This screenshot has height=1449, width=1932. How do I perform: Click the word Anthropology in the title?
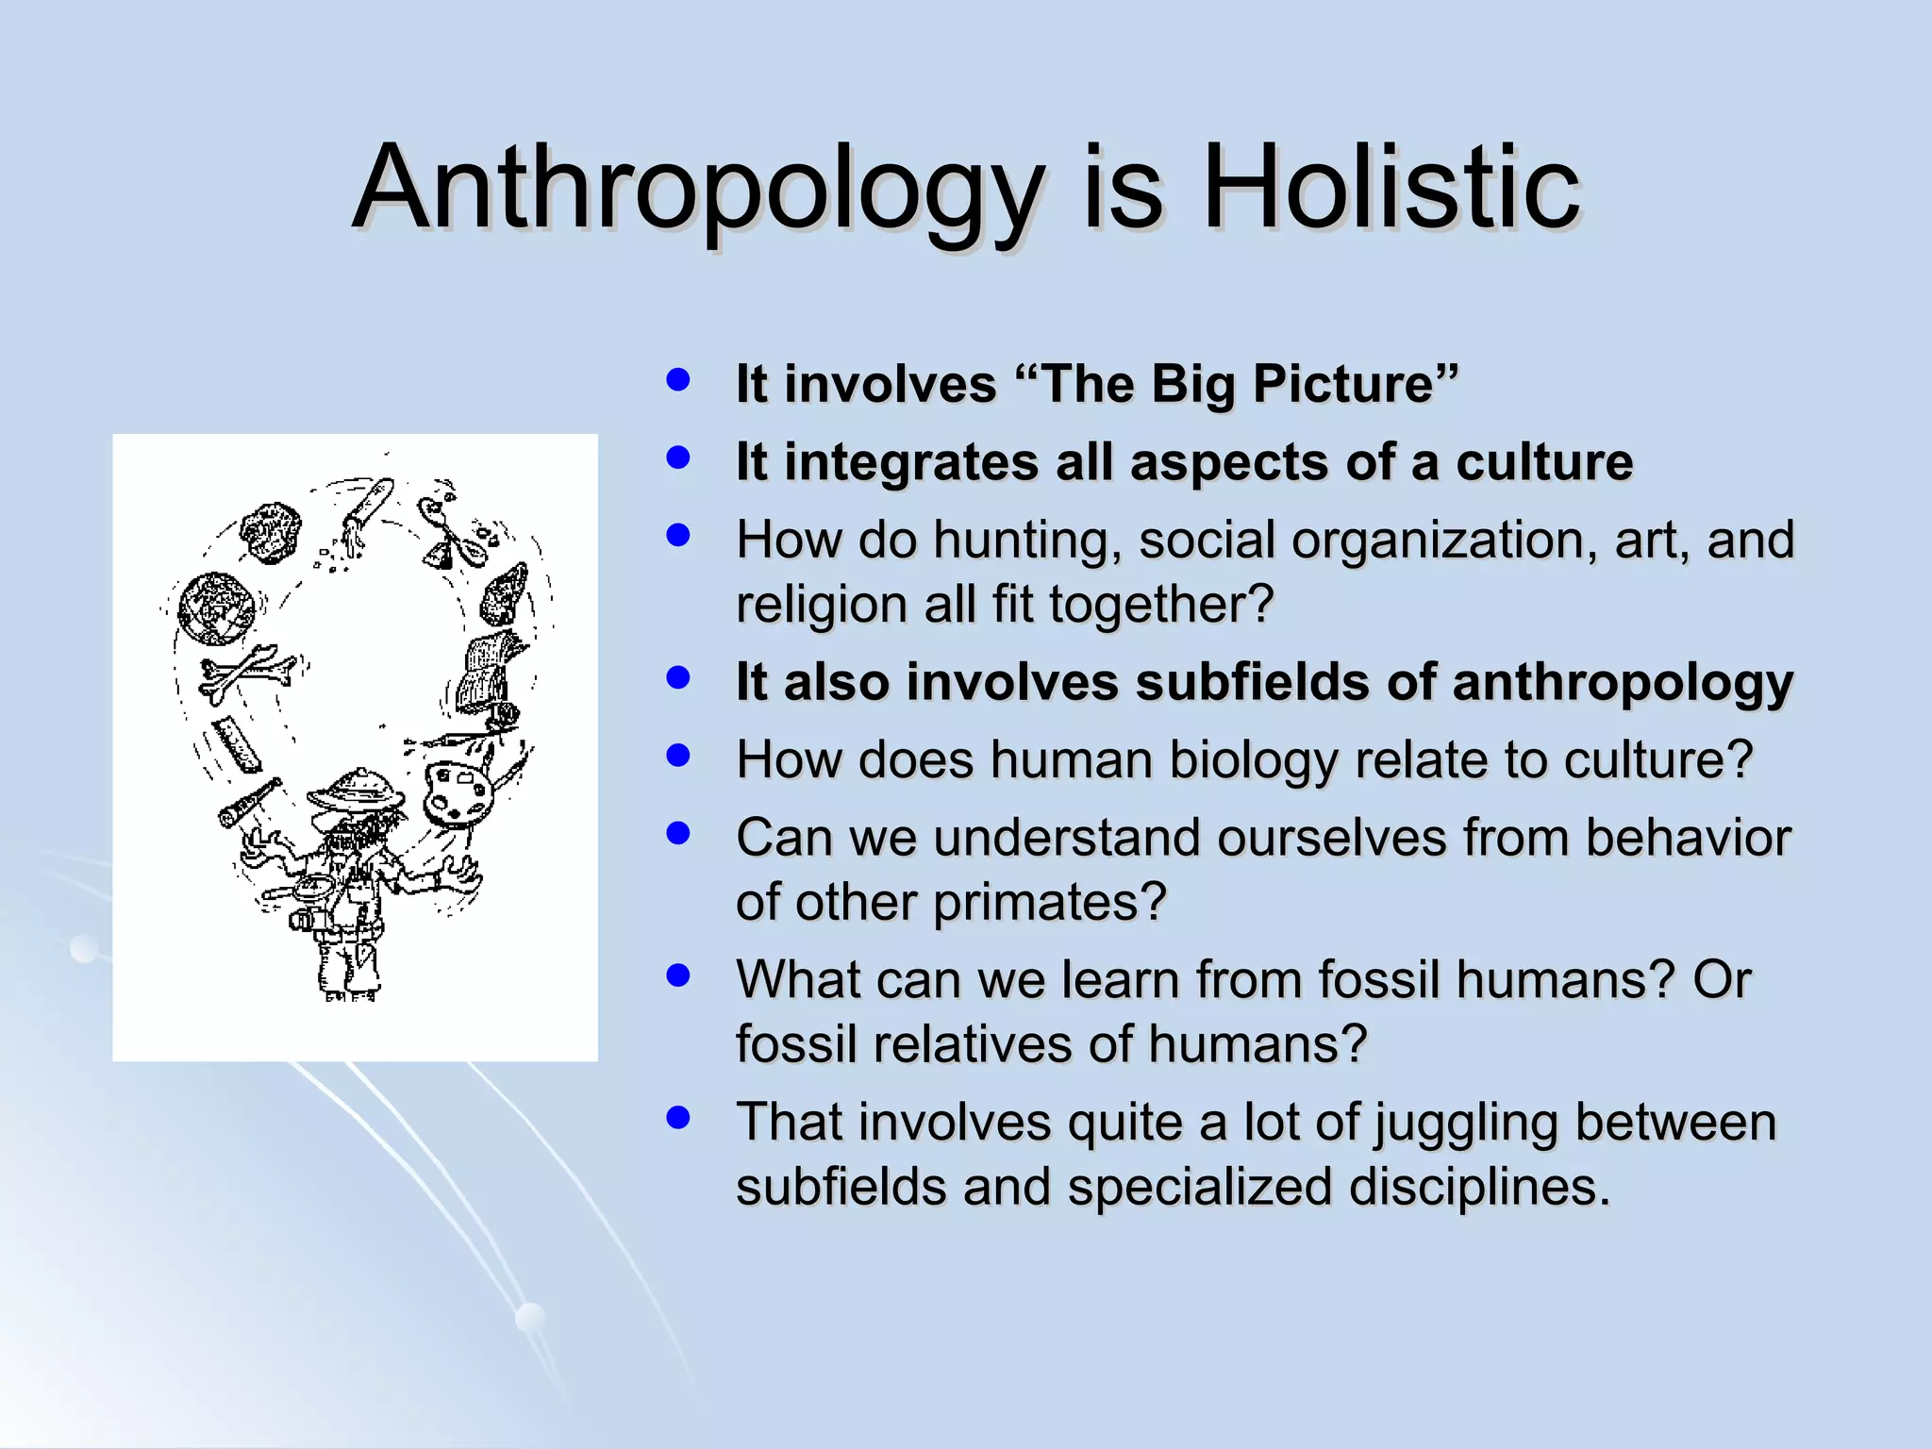pos(699,189)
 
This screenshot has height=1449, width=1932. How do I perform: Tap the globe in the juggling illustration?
pos(217,608)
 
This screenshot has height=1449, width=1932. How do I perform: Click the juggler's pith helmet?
pos(357,791)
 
